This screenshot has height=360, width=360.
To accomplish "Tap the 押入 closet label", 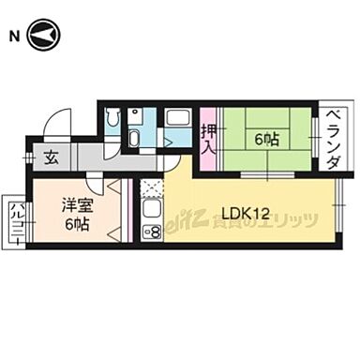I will click(x=208, y=139).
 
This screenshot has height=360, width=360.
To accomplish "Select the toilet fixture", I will click(x=112, y=119).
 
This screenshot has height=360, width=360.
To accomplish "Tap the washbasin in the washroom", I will click(x=133, y=139).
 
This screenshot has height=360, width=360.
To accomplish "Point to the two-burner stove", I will click(x=152, y=231).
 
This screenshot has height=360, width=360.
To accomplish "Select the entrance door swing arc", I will click(x=58, y=121).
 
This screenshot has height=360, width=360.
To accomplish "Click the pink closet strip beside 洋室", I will click(x=128, y=211).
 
